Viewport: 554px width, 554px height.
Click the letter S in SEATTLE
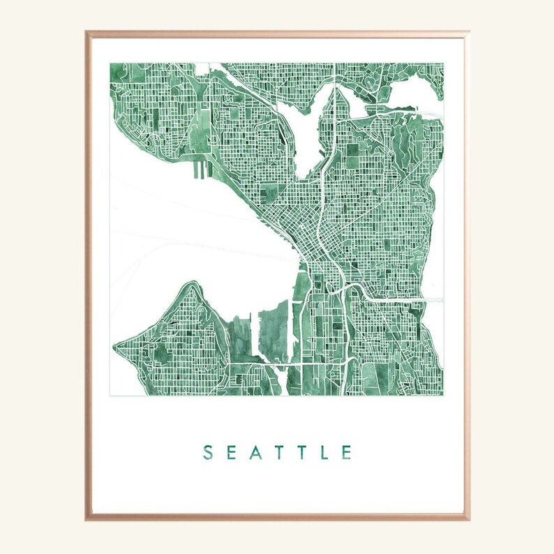pyautogui.click(x=207, y=452)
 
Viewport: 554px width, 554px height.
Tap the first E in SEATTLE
pyautogui.click(x=231, y=452)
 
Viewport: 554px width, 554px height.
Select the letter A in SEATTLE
pyautogui.click(x=255, y=452)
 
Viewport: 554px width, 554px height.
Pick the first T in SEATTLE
pyautogui.click(x=278, y=452)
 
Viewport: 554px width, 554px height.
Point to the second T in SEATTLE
pyautogui.click(x=301, y=452)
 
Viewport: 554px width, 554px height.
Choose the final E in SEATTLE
pyautogui.click(x=346, y=452)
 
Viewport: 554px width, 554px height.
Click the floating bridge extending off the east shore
pyautogui.click(x=419, y=299)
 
